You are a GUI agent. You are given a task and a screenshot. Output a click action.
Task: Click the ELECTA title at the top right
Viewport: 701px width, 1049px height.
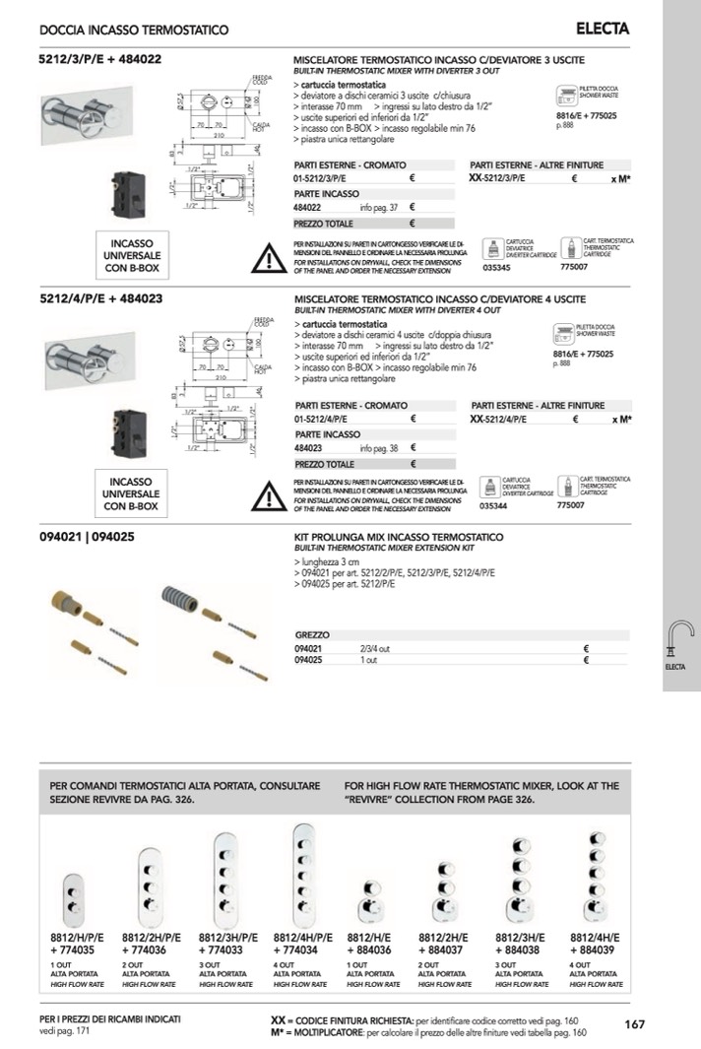(603, 30)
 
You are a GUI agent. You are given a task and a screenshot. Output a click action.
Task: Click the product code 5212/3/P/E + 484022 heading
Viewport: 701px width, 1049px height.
(100, 59)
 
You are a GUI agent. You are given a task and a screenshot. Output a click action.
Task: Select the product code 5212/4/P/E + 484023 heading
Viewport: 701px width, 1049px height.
(100, 298)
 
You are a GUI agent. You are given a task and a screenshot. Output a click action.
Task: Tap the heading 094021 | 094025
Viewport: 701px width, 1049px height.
(87, 537)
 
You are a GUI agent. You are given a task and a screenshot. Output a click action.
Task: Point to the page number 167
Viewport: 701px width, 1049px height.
(635, 1024)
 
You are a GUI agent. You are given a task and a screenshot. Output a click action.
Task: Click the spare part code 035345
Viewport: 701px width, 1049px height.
(498, 266)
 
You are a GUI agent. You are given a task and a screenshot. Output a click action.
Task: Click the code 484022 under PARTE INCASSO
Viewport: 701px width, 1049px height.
(308, 208)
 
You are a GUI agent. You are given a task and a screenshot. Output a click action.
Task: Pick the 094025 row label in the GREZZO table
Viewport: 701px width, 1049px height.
(309, 660)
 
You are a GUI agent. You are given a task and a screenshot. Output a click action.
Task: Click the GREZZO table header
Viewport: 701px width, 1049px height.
(312, 636)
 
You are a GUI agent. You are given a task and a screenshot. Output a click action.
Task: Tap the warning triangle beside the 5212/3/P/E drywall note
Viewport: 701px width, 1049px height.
(267, 258)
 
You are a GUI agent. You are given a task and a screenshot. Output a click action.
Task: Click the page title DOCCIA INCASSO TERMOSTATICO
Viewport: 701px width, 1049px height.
(134, 31)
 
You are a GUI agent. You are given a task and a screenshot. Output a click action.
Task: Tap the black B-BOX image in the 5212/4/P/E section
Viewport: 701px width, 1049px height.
(131, 433)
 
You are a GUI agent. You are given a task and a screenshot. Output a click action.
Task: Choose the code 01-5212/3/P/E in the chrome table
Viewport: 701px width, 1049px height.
(324, 179)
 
